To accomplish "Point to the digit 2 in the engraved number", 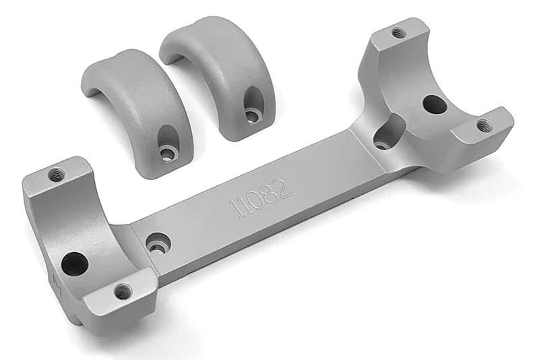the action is [285, 189].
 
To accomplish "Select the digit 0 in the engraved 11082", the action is [259, 200].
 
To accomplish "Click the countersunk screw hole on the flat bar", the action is [158, 244].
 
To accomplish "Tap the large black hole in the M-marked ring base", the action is [75, 264].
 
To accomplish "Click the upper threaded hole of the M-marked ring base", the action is [56, 175].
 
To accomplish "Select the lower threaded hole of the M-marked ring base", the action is [123, 292].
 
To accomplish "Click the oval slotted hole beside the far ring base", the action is [388, 133].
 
